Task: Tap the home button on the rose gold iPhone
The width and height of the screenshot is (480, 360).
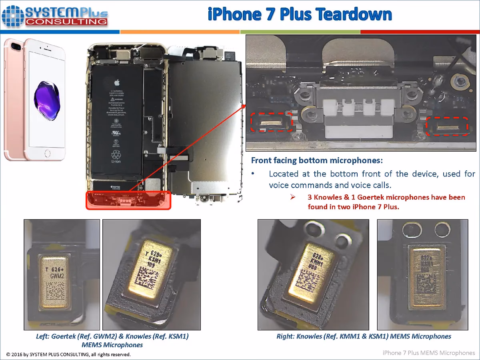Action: pos(48,153)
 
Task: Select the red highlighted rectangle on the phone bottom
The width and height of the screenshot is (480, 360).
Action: pos(128,200)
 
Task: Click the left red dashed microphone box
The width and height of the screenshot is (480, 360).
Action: pos(270,122)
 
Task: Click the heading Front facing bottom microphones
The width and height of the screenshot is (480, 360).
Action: pos(317,161)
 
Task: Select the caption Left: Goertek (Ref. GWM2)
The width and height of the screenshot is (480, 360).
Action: pos(112,336)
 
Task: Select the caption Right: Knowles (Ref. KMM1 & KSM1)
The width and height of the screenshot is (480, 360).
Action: pos(364,336)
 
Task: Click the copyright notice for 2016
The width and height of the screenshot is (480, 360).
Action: pos(68,354)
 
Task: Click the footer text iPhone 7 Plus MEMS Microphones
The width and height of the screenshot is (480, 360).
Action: pos(429,353)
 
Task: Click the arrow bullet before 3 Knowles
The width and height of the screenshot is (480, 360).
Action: pos(292,197)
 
